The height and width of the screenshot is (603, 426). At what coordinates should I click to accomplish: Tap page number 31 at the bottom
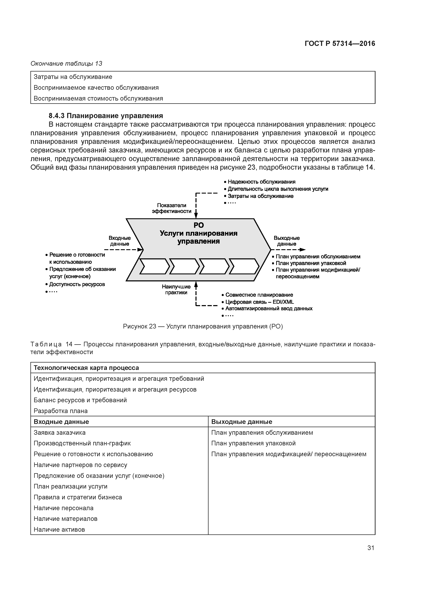coord(371,548)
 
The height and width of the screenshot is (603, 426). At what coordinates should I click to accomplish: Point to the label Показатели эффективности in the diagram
coord(172,208)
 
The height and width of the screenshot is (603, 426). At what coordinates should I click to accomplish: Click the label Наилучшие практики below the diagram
coord(176,290)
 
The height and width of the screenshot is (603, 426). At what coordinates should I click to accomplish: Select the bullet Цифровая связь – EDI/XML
coord(259,302)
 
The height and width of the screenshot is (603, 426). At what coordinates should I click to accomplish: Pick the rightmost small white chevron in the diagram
coord(244,266)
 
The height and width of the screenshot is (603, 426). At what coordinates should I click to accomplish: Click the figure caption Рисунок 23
coord(203,326)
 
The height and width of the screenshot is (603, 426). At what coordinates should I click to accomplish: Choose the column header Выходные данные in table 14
coord(242,422)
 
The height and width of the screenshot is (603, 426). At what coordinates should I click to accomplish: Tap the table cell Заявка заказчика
coord(60,432)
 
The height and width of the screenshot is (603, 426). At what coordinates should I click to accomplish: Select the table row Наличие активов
coord(59,529)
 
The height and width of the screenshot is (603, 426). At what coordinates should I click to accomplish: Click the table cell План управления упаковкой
coord(253,443)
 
